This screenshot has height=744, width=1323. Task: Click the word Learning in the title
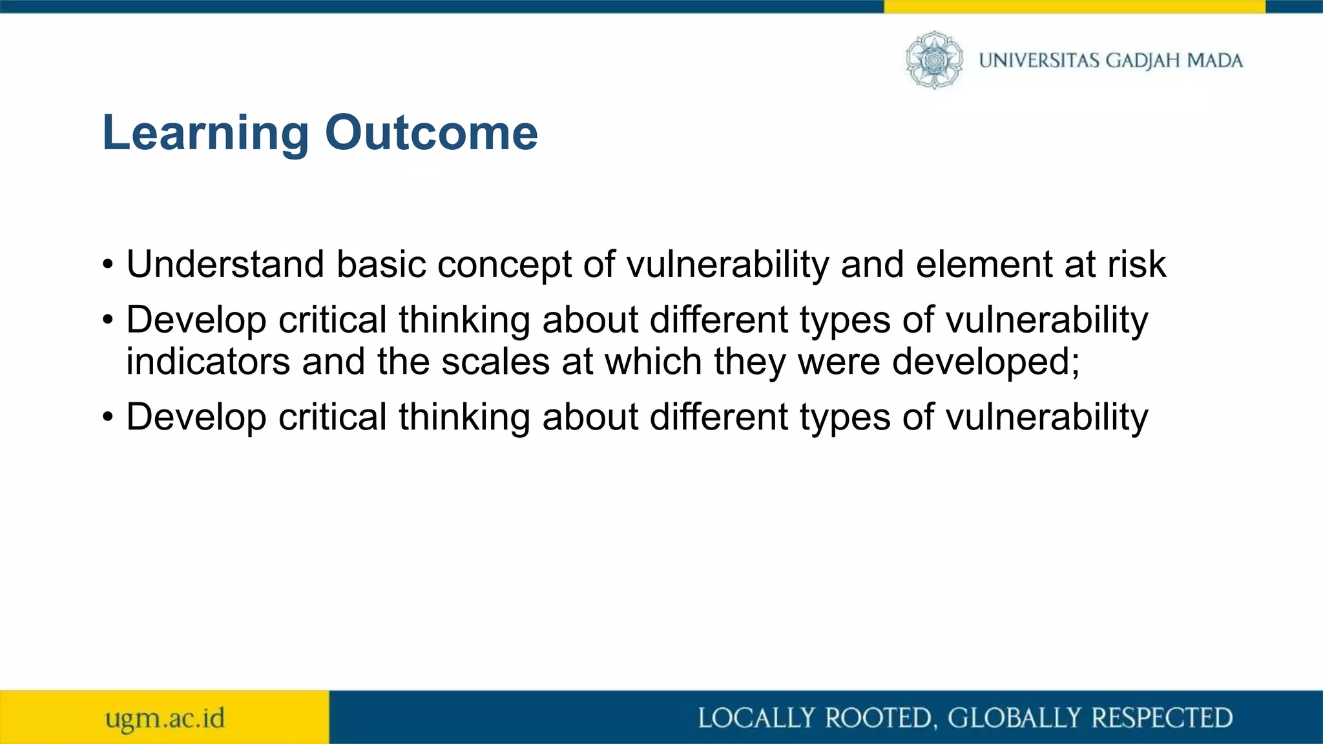[x=205, y=133]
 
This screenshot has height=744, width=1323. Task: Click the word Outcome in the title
[x=431, y=133]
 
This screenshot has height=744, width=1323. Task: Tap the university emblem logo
[x=933, y=60]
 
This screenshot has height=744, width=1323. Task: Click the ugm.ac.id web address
[x=165, y=718]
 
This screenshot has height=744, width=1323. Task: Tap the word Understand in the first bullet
[x=225, y=265]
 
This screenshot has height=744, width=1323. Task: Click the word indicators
[x=208, y=362]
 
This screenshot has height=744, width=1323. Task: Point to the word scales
[x=495, y=362]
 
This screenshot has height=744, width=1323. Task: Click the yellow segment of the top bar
[x=1074, y=6]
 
